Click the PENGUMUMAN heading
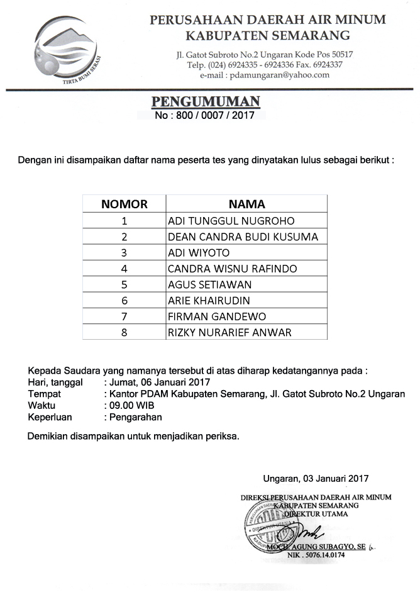click(206, 103)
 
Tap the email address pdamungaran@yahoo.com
click(279, 75)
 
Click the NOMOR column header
click(124, 204)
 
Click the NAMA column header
click(246, 204)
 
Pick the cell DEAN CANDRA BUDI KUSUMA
click(243, 237)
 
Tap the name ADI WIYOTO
click(199, 253)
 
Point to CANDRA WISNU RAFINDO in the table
click(232, 269)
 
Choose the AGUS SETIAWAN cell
click(209, 284)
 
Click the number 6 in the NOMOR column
click(124, 300)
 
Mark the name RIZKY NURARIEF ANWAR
click(229, 332)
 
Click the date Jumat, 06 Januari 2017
click(160, 382)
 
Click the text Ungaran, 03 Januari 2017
click(316, 478)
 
